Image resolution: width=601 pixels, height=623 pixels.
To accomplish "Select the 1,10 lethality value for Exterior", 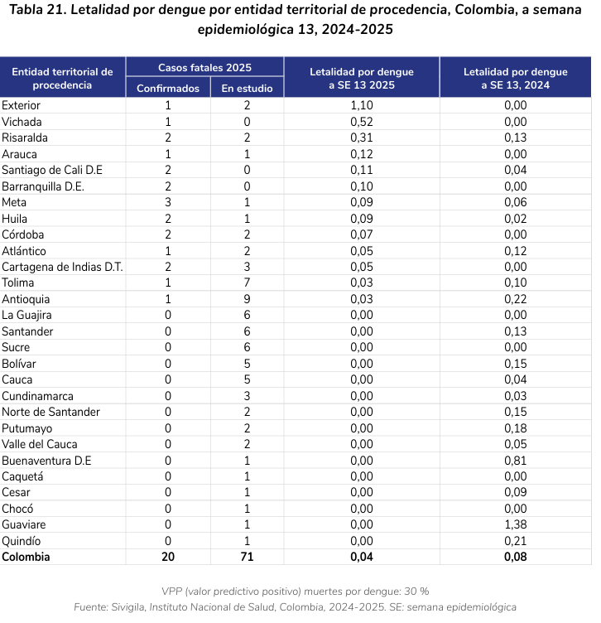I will click(362, 105).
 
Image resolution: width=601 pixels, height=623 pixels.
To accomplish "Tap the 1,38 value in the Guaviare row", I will click(515, 524).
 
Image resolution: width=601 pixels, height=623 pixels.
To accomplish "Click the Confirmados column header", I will click(168, 89).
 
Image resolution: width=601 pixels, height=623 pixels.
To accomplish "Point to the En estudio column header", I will click(247, 89).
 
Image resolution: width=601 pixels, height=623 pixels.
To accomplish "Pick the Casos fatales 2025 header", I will click(204, 68).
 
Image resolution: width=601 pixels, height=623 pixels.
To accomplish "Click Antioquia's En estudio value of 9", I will click(247, 299).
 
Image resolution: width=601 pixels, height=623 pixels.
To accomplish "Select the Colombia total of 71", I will click(247, 557).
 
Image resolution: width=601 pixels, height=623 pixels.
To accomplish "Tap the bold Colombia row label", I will click(26, 557).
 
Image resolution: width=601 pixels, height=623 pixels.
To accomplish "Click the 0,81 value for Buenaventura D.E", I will click(515, 460).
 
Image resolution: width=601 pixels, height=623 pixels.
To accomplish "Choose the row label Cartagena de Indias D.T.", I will click(62, 267).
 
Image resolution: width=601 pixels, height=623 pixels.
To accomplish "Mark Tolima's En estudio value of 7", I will click(247, 283).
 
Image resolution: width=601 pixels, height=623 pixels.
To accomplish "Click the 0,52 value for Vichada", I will click(362, 122).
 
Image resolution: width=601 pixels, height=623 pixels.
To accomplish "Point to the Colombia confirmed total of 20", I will click(168, 557).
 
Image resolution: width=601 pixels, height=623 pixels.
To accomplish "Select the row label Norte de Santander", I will click(50, 412).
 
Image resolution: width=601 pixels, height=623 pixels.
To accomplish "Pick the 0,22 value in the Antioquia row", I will click(515, 299).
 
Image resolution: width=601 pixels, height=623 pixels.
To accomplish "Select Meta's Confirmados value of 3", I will click(168, 202).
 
